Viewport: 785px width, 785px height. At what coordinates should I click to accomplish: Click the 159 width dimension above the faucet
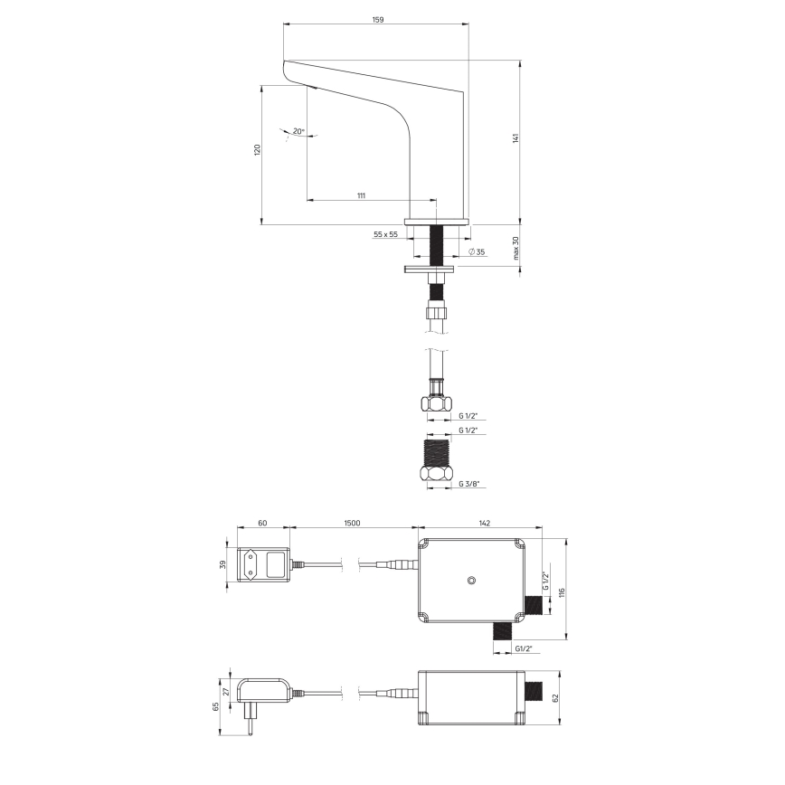[x=376, y=19]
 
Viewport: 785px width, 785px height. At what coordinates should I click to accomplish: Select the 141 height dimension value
[x=515, y=138]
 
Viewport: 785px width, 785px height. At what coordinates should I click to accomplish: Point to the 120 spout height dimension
[x=256, y=149]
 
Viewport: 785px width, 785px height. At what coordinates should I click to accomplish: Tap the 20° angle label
[x=298, y=131]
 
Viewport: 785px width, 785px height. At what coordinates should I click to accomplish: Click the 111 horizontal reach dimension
[x=361, y=195]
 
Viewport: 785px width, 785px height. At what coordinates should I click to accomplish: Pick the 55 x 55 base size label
[x=385, y=234]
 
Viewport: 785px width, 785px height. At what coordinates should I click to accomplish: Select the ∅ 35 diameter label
[x=475, y=251]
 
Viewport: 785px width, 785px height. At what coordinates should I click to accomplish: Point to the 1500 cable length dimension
[x=353, y=523]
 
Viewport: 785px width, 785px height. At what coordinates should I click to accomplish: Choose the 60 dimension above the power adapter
[x=262, y=523]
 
